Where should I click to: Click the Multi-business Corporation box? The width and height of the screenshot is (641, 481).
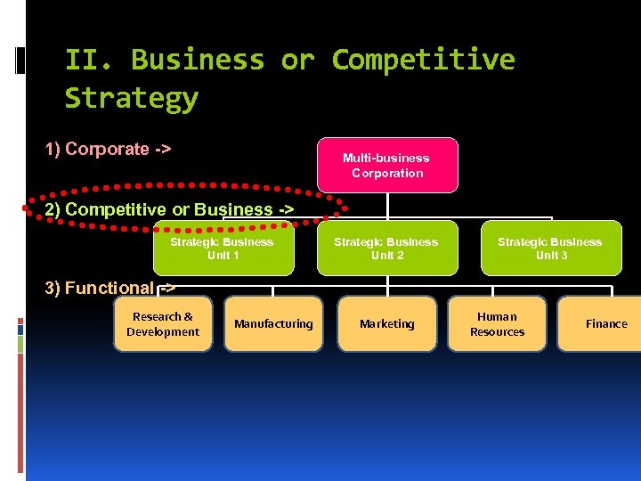386,165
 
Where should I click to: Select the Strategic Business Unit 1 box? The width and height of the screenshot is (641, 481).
223,249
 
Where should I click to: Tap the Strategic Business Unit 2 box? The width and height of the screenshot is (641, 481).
386,249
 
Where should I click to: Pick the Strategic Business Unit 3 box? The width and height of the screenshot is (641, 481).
550,249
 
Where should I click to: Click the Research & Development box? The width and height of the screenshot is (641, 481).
163,324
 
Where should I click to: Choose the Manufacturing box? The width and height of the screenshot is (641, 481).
273,324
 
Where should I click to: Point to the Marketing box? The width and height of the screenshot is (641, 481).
386,324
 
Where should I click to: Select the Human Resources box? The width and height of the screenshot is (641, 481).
497,324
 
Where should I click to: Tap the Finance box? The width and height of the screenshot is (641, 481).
605,324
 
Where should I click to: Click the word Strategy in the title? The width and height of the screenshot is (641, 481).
132,98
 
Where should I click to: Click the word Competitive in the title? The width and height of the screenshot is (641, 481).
423,60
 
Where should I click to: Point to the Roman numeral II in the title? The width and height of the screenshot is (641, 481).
88,60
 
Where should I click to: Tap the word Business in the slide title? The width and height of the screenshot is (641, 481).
198,60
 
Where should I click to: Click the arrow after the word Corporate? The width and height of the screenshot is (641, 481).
163,149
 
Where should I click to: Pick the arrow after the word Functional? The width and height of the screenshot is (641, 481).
167,288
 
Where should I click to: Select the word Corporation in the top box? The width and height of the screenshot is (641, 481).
387,173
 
